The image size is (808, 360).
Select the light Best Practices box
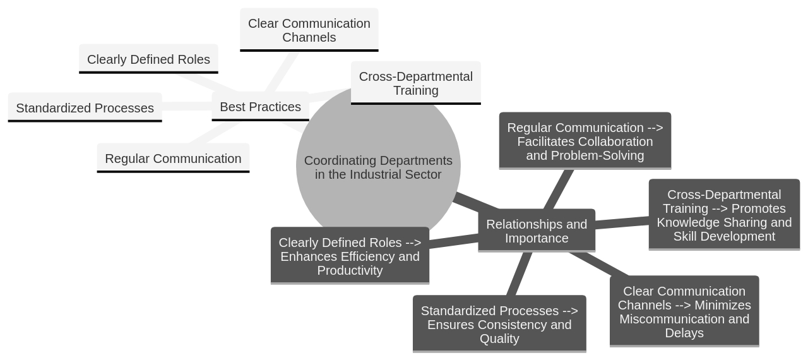click(x=260, y=107)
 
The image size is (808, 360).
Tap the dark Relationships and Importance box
click(x=537, y=231)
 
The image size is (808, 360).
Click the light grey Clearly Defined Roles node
click(x=148, y=59)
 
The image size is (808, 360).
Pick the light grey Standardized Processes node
click(x=85, y=108)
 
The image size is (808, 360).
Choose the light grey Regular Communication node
click(x=173, y=159)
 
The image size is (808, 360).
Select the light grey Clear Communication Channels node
click(x=309, y=30)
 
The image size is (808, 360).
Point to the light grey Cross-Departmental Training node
click(x=415, y=83)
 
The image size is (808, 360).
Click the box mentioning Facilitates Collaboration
click(x=585, y=141)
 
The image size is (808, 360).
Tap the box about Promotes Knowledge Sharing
click(x=724, y=215)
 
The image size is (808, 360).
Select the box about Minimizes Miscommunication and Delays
click(x=684, y=311)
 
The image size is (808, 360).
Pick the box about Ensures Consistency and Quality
click(x=499, y=324)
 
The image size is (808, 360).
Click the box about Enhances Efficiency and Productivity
click(x=350, y=256)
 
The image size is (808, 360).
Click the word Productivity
click(x=350, y=270)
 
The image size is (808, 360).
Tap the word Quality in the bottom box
click(x=499, y=339)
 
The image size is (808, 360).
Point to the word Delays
click(x=684, y=333)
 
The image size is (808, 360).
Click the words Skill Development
click(x=724, y=236)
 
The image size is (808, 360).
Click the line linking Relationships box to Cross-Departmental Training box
click(x=622, y=222)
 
